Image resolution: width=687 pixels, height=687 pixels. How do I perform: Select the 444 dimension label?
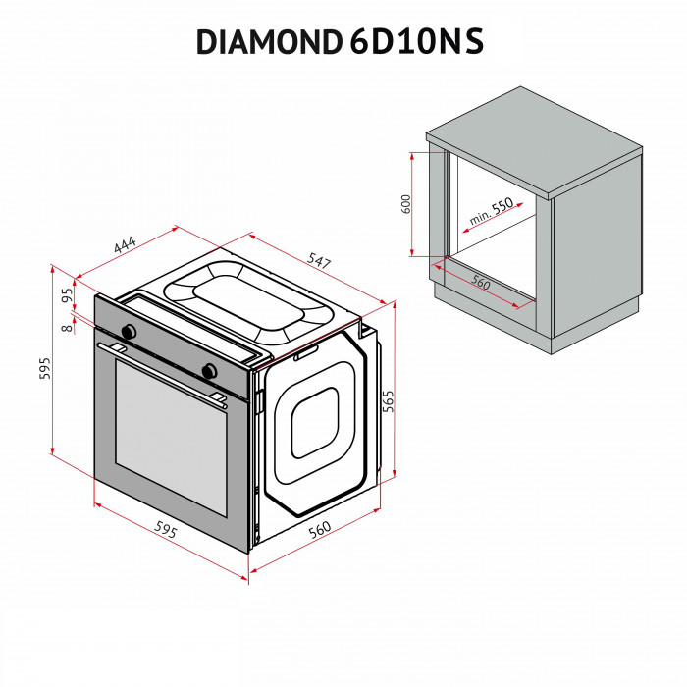[x=125, y=245]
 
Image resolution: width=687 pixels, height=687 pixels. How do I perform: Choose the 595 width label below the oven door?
[x=165, y=530]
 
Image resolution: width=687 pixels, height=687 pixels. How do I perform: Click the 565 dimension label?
[x=388, y=401]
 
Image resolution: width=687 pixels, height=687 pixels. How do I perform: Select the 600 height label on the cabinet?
[x=405, y=204]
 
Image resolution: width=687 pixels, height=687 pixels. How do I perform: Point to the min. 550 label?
[x=491, y=212]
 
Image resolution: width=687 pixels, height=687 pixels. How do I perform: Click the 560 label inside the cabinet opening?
[x=480, y=282]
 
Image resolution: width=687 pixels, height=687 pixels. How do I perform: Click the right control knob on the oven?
[x=208, y=369]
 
